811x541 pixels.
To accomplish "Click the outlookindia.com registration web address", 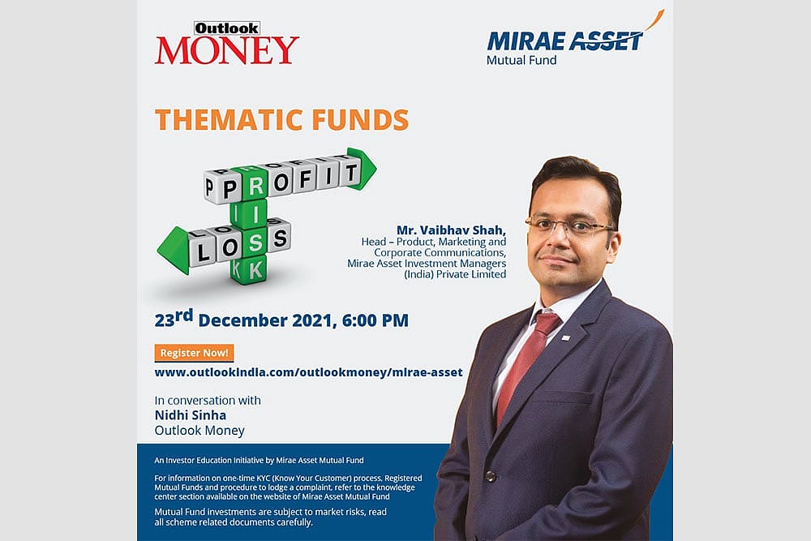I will tap(308, 372).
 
